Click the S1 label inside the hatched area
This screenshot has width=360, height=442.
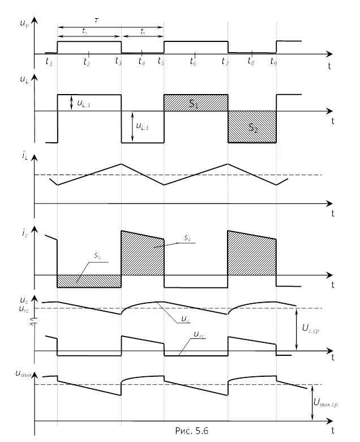click(x=194, y=104)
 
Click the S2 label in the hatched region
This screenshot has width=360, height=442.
click(x=253, y=129)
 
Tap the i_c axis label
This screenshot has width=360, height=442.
click(x=24, y=232)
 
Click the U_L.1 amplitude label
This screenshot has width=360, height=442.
click(x=85, y=103)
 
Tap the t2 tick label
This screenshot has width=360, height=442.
click(x=87, y=62)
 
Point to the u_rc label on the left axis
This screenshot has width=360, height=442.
click(x=24, y=310)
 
